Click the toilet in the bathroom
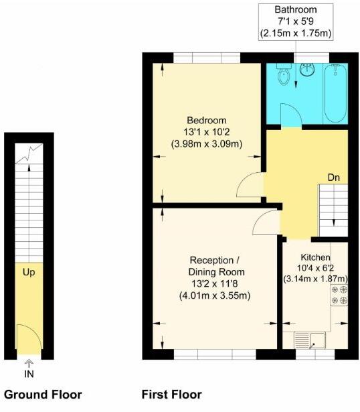pyautogui.click(x=284, y=77)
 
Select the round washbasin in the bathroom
pyautogui.click(x=308, y=70)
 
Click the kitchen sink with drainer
pyautogui.click(x=311, y=342)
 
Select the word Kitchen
pyautogui.click(x=314, y=257)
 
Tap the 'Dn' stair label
pyautogui.click(x=335, y=178)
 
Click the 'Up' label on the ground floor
pyautogui.click(x=29, y=273)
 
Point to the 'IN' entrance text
pyautogui.click(x=29, y=373)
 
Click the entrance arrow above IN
pyautogui.click(x=29, y=362)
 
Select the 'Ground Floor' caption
pyautogui.click(x=43, y=395)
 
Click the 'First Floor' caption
pyautogui.click(x=171, y=395)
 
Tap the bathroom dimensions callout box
pyautogui.click(x=297, y=21)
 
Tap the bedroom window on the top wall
pyautogui.click(x=203, y=58)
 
